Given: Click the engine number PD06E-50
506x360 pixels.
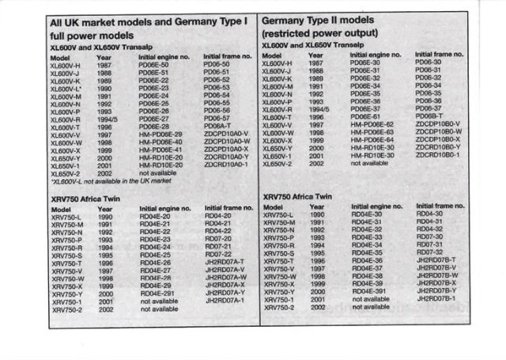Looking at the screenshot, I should (x=154, y=64).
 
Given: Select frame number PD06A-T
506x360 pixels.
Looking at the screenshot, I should (x=217, y=125).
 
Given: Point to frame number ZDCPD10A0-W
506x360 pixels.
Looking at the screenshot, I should (x=227, y=141).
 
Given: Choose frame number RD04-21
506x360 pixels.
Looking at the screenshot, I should (x=217, y=222).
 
